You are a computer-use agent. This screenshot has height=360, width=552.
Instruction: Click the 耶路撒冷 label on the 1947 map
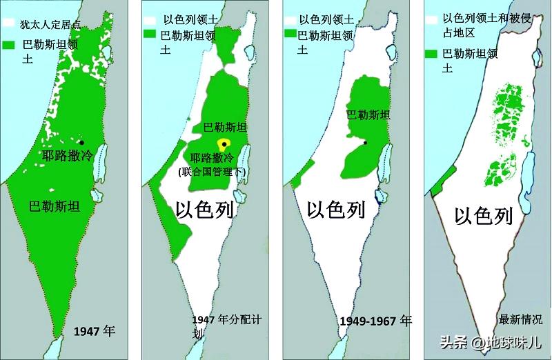[x=68, y=155]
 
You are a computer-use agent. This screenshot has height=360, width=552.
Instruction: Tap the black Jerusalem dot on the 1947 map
[x=81, y=142]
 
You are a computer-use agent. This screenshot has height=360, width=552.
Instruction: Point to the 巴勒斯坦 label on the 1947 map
[x=54, y=206]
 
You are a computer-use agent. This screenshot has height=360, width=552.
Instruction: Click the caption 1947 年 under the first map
[x=94, y=331]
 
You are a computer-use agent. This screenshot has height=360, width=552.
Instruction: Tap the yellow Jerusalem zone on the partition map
[x=223, y=144]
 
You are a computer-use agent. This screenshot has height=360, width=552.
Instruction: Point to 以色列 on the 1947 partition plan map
[x=205, y=209]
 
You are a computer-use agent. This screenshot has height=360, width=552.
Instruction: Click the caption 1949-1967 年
[x=376, y=321]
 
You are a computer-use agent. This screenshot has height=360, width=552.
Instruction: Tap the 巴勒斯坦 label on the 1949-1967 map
[x=368, y=114]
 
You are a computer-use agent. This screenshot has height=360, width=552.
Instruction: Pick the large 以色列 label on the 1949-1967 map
[x=335, y=209]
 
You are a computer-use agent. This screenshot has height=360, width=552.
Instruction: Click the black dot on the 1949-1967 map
[x=365, y=143]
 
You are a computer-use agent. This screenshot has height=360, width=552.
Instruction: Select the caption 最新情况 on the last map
[x=521, y=319]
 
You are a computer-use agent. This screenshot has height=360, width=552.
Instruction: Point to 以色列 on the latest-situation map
[x=484, y=217]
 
